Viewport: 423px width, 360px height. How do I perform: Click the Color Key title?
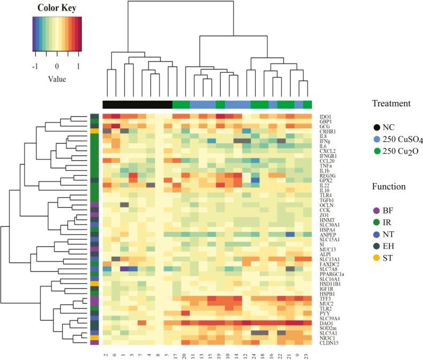57,8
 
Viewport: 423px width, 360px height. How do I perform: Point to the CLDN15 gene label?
322,342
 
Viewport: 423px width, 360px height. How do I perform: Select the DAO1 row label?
319,323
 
